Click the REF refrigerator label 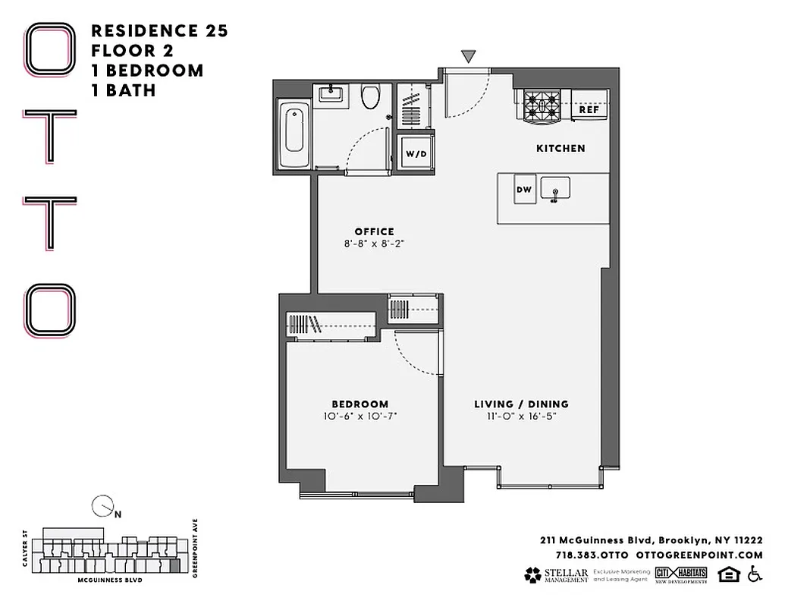click(589, 110)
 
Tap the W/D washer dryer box click(416, 153)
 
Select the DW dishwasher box click(524, 190)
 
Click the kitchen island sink click(556, 190)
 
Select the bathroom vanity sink click(331, 95)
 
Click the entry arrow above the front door click(469, 56)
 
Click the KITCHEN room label click(560, 148)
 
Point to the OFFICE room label click(374, 231)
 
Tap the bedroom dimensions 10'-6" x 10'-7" click(360, 417)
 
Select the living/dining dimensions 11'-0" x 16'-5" click(521, 417)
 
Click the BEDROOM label click(360, 404)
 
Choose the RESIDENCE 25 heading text click(159, 31)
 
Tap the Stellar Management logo click(556, 574)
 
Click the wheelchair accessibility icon click(754, 574)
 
